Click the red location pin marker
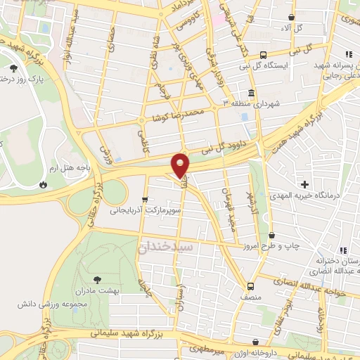181,165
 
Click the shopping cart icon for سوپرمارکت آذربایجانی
146,199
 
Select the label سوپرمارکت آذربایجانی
146,210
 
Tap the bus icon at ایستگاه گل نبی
263,55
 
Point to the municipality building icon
251,94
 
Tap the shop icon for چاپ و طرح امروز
271,235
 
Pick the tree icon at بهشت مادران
96,279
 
